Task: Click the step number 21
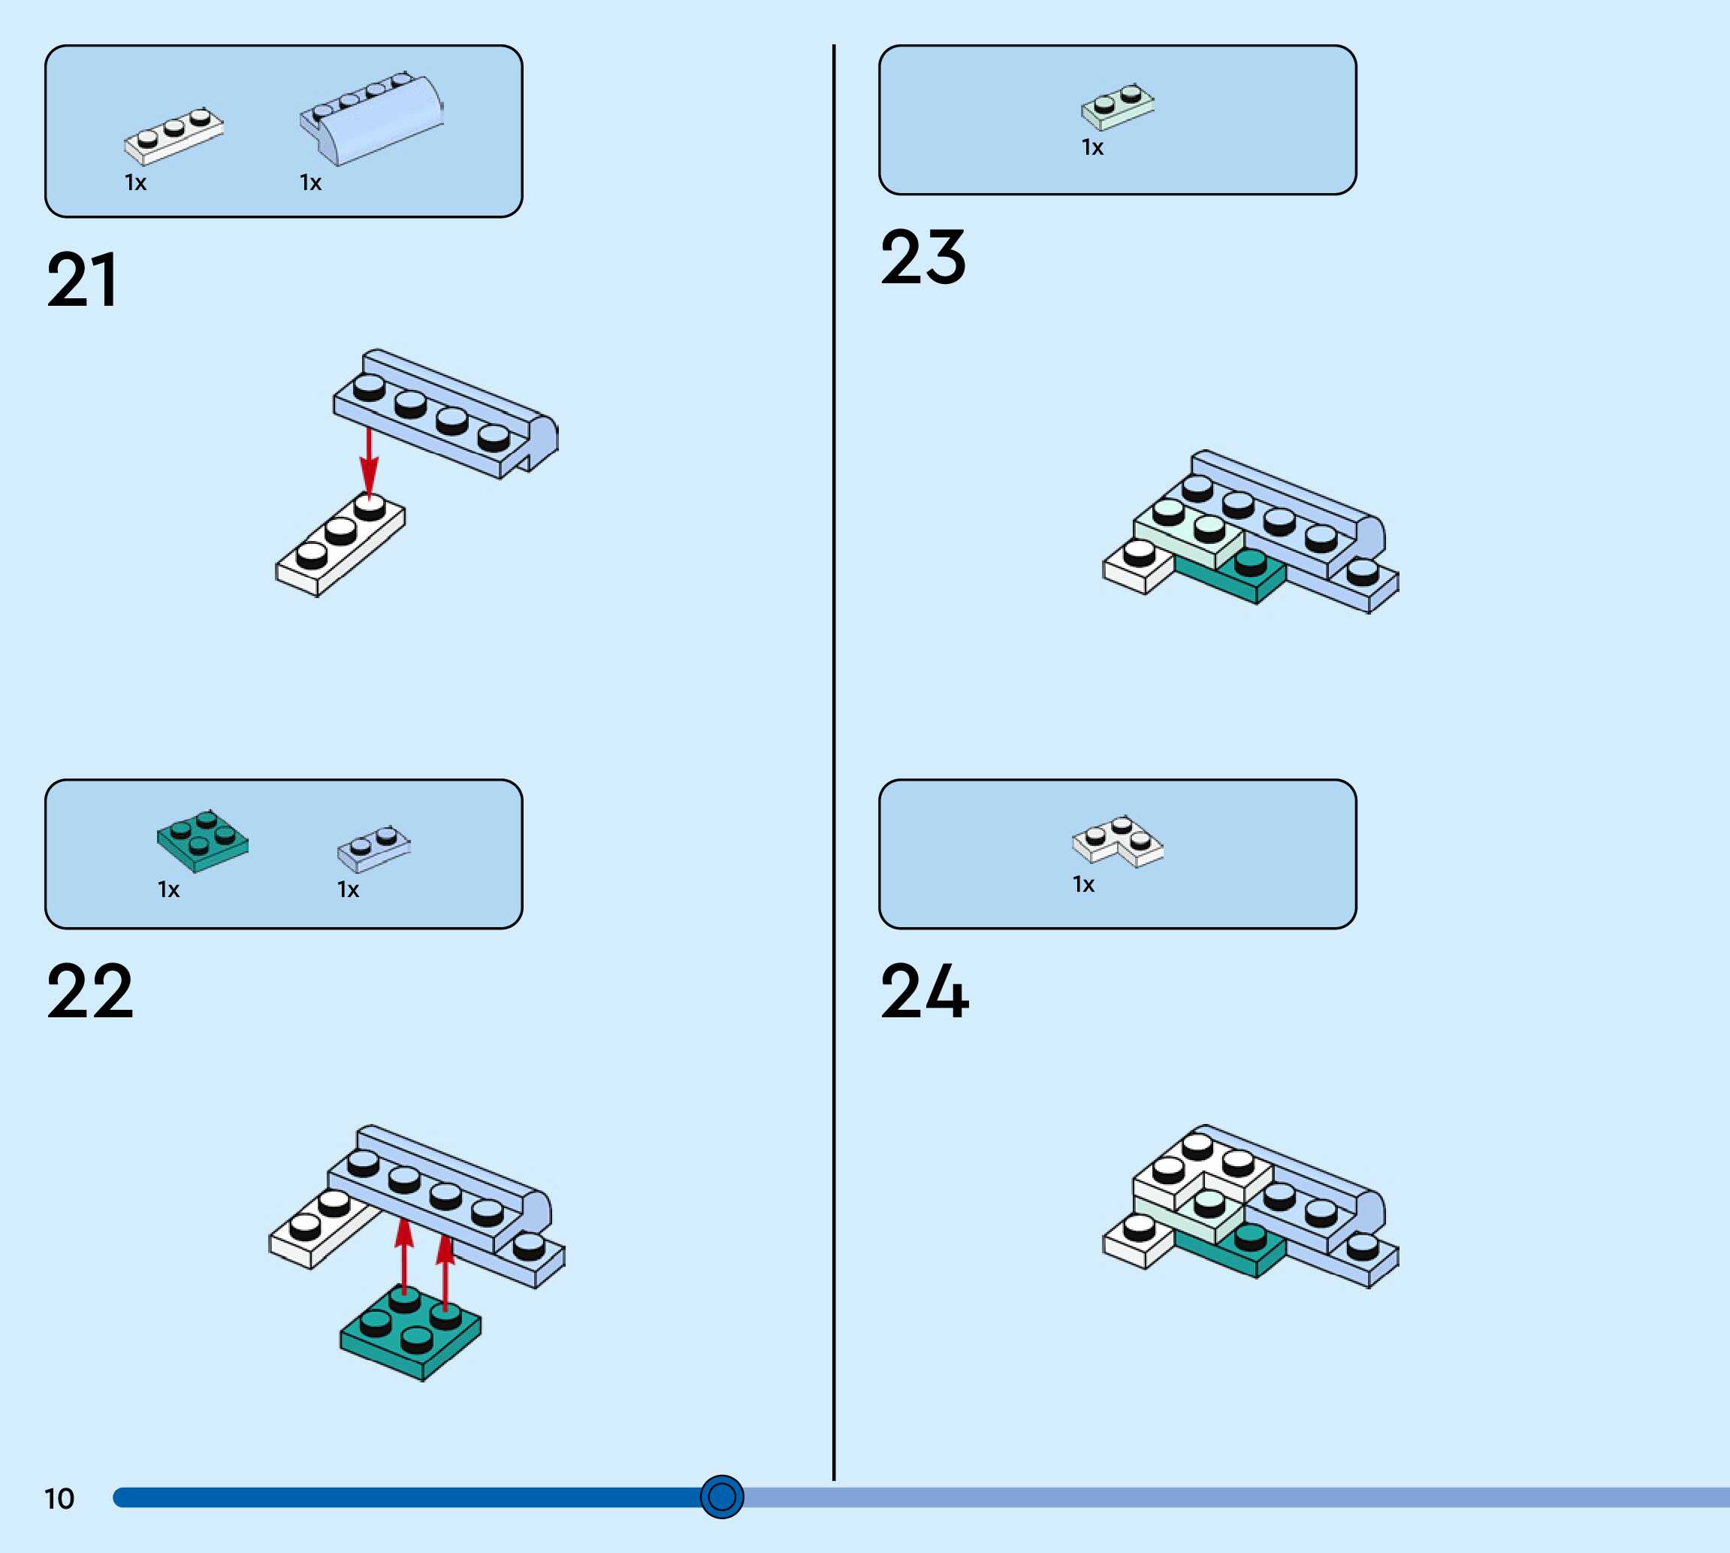(82, 280)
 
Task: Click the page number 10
(59, 1498)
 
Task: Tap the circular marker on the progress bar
(722, 1497)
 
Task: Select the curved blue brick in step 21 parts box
(373, 119)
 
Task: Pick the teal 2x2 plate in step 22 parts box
(203, 841)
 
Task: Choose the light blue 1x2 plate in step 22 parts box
(373, 848)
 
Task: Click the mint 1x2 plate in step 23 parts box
(1118, 107)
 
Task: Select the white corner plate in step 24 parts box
(1118, 840)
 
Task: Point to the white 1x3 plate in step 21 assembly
(340, 546)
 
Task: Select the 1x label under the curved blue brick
(310, 183)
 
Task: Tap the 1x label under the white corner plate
(1083, 884)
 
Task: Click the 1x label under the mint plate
(1093, 147)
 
